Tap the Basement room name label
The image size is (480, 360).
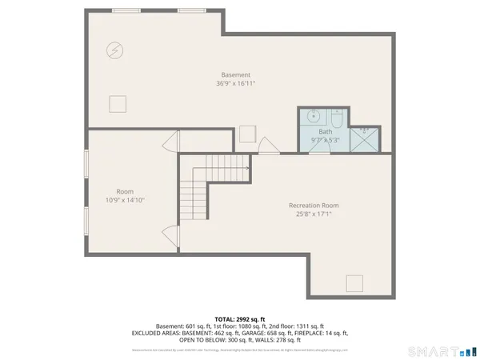pyautogui.click(x=235, y=74)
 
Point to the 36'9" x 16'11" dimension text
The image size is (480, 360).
pyautogui.click(x=235, y=83)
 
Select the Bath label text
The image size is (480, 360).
pyautogui.click(x=325, y=131)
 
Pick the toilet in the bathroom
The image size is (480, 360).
pyautogui.click(x=337, y=119)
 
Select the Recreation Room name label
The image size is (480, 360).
pyautogui.click(x=314, y=206)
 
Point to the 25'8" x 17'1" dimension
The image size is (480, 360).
pyautogui.click(x=314, y=214)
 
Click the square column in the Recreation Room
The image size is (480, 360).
pyautogui.click(x=354, y=282)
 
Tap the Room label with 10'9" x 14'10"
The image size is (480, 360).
pyautogui.click(x=125, y=191)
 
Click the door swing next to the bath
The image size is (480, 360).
pyautogui.click(x=269, y=145)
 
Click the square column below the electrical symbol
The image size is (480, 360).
pyautogui.click(x=118, y=103)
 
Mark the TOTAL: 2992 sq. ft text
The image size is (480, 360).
pyautogui.click(x=239, y=318)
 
